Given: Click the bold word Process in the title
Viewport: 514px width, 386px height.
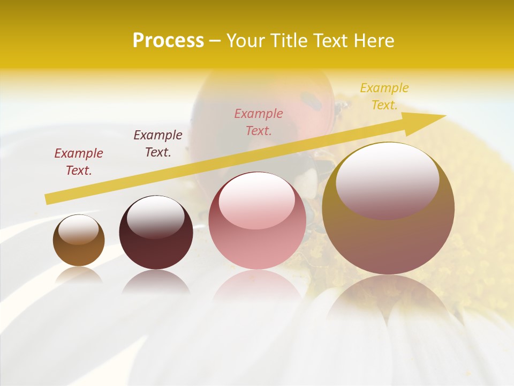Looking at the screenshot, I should click(x=168, y=41).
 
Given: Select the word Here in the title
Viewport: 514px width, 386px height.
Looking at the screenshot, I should click(x=375, y=41).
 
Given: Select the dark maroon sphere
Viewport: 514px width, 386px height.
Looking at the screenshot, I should click(x=156, y=233).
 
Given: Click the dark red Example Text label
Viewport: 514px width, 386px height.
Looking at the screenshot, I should click(x=78, y=162).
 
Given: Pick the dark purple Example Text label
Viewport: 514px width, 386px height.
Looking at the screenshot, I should click(x=157, y=144).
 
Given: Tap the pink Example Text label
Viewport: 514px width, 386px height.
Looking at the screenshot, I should click(x=259, y=122).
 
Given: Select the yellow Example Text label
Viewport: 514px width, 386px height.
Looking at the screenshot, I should click(x=384, y=96).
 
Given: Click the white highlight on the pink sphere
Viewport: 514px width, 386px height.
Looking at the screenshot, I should click(x=256, y=201).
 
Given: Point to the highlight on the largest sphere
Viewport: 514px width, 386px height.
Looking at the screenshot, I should click(x=387, y=180).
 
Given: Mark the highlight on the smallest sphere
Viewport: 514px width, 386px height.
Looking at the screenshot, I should click(x=78, y=229).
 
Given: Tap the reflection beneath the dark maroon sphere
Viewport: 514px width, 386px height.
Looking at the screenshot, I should click(x=156, y=281).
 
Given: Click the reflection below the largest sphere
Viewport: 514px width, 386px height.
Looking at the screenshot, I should click(x=388, y=295).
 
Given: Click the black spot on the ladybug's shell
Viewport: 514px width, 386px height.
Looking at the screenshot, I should click(x=311, y=100).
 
